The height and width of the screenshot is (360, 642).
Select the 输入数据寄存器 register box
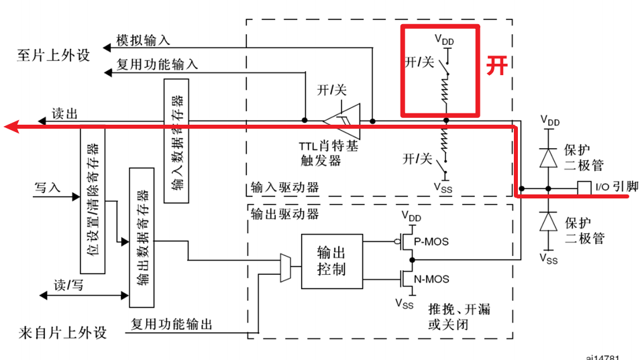[x=176, y=141]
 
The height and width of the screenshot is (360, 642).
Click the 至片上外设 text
[x=53, y=55]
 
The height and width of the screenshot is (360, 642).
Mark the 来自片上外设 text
[x=61, y=333]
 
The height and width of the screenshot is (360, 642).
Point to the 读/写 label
[x=69, y=285]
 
